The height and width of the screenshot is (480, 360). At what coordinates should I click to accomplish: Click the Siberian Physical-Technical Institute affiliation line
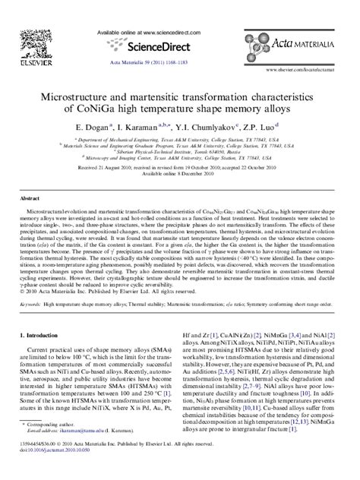(x=181, y=151)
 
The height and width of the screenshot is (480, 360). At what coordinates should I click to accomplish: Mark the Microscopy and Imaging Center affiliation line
(x=180, y=157)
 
